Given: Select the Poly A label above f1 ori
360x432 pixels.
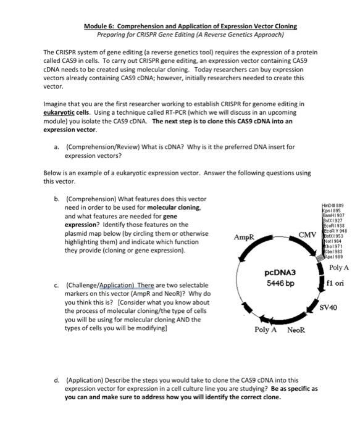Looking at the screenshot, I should (339, 267).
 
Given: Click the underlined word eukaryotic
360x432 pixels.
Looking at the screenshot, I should (60, 113).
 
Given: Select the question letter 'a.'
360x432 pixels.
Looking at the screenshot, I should (57, 147).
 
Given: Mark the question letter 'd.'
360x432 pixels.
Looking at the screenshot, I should (57, 381).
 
